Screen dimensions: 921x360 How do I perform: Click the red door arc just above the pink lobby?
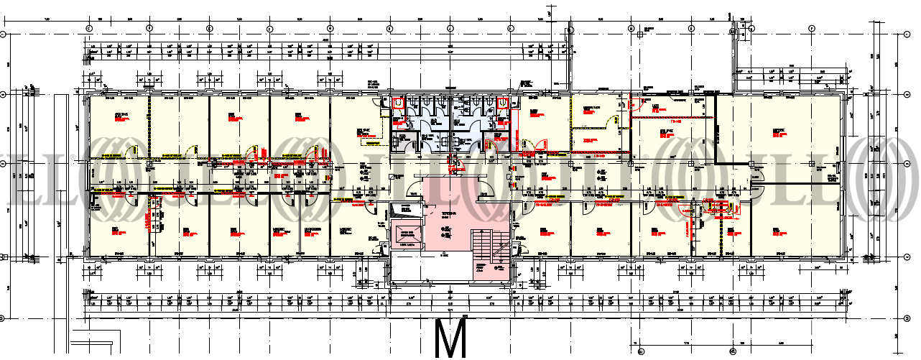click(454, 167)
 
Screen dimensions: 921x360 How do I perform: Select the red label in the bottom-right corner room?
click(777, 231)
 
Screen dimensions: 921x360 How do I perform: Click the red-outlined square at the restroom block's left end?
click(397, 103)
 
